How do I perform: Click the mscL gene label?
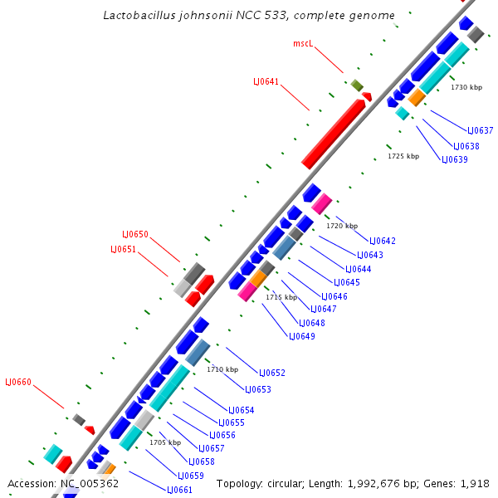(303, 43)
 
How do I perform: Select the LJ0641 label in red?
(266, 81)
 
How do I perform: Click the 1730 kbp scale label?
(466, 87)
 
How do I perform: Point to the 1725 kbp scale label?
(403, 156)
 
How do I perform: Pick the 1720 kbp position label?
(342, 226)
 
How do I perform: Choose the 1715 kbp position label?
(281, 297)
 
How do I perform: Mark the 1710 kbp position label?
(222, 369)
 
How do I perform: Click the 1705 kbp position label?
(165, 442)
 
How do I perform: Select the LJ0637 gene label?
(480, 130)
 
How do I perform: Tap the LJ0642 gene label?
(382, 241)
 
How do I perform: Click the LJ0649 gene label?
(301, 336)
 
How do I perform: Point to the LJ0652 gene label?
(271, 373)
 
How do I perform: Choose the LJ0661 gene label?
(179, 490)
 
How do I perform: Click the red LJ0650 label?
(135, 234)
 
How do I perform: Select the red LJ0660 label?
(18, 382)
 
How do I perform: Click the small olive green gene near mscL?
(357, 85)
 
